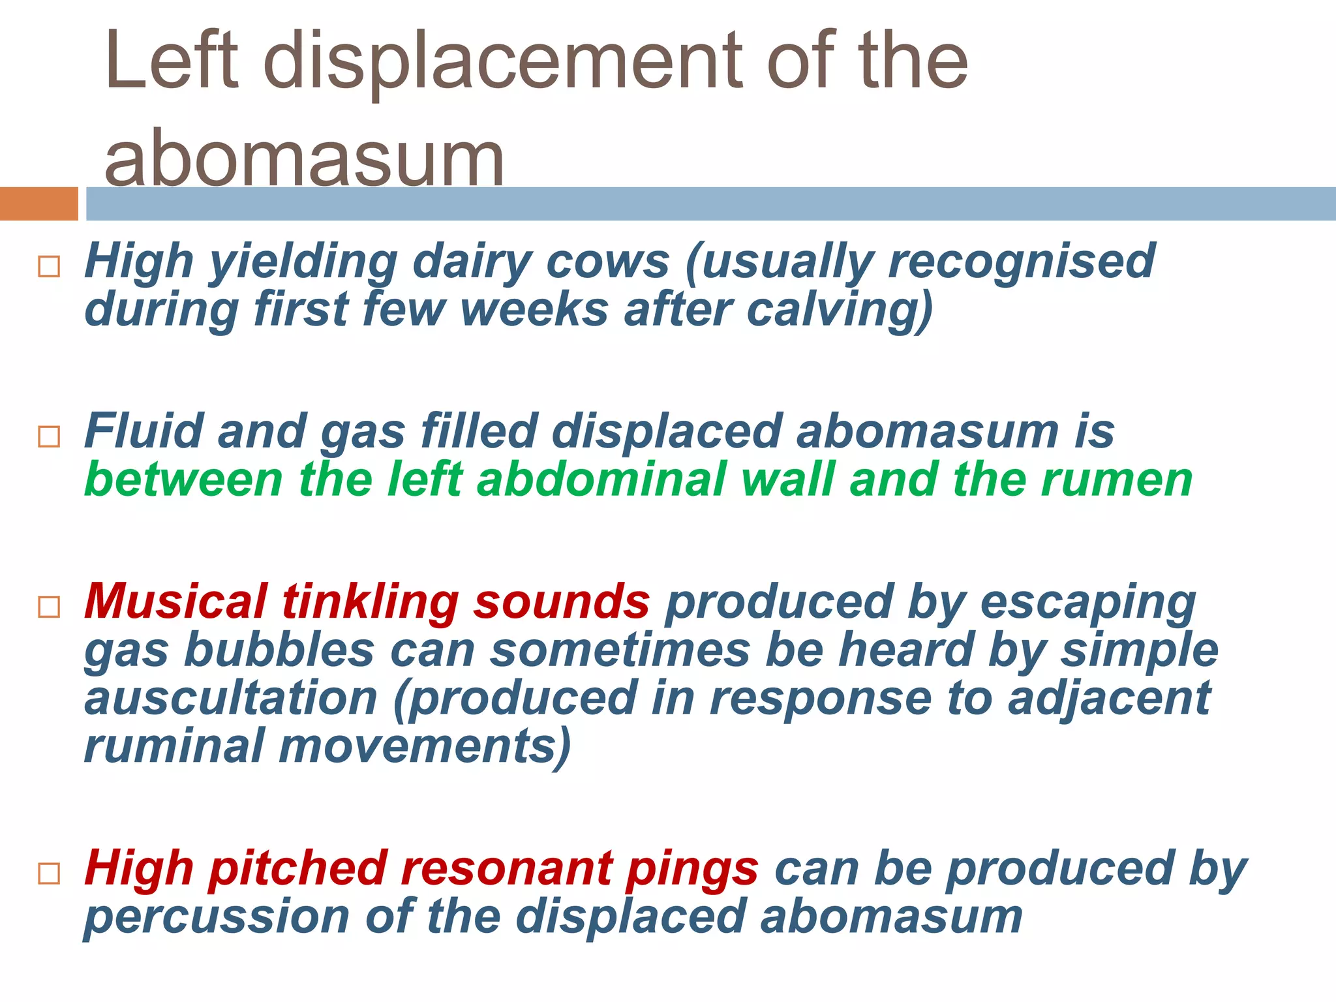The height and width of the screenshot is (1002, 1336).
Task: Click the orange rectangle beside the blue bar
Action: [38, 204]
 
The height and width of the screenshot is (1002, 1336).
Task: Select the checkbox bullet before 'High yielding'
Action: [50, 266]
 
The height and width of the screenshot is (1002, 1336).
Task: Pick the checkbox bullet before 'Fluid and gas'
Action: [50, 436]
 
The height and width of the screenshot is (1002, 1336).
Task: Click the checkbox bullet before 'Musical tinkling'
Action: [50, 607]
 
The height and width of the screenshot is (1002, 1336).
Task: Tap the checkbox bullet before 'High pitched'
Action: [50, 873]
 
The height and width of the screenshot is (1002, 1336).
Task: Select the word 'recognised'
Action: [1022, 261]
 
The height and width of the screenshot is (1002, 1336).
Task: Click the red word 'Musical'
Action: [175, 601]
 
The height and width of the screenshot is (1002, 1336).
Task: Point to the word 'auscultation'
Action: [231, 698]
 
